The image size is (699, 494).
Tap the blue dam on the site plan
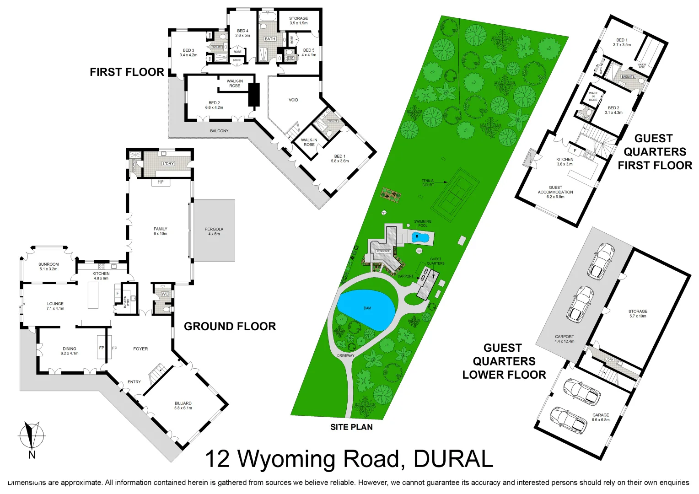[x=366, y=309]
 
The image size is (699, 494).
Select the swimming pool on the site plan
[x=420, y=237]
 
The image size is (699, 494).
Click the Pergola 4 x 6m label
[x=214, y=231]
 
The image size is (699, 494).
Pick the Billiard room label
[x=183, y=406]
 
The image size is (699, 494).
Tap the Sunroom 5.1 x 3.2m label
[x=48, y=267]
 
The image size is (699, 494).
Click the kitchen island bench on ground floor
[x=93, y=295]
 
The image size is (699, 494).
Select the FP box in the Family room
[x=161, y=182]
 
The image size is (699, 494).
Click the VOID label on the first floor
[x=293, y=100]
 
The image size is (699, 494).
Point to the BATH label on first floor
[x=270, y=39]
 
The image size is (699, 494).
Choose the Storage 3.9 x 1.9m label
[x=298, y=21]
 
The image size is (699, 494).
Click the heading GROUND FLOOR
[x=230, y=326]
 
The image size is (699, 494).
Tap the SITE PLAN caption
[x=351, y=427]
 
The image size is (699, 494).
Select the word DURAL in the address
[x=453, y=459]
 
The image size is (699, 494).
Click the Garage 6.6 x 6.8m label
[x=600, y=417]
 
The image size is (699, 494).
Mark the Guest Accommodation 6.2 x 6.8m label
[x=555, y=192]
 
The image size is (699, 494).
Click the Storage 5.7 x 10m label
[x=638, y=313]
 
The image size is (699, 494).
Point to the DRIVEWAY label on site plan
[x=346, y=355]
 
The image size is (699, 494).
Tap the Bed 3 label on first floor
[x=188, y=53]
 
